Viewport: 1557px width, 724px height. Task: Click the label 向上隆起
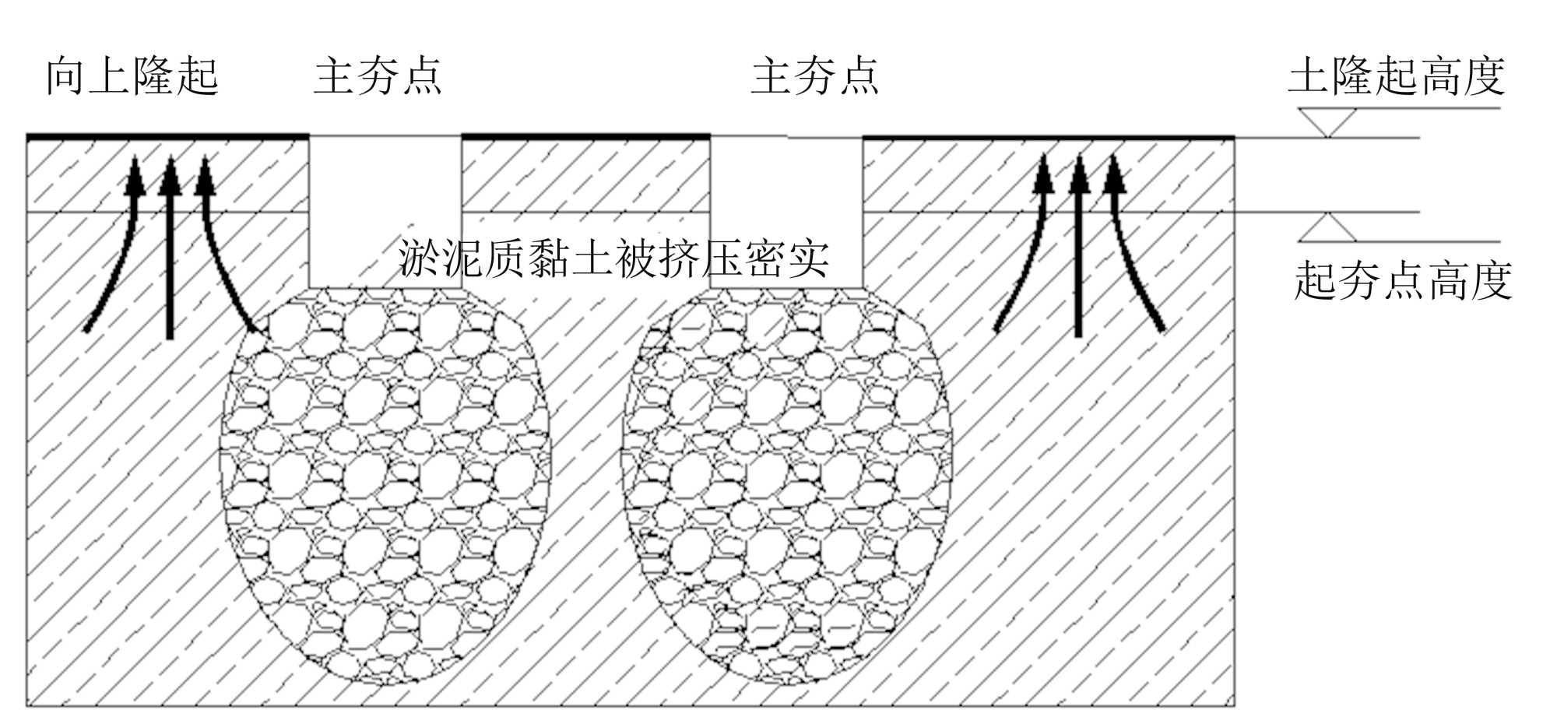pyautogui.click(x=132, y=76)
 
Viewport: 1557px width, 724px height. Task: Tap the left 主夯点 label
pyautogui.click(x=378, y=76)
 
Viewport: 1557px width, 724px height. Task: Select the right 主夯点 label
pyautogui.click(x=815, y=76)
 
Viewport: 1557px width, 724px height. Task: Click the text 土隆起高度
pyautogui.click(x=1397, y=76)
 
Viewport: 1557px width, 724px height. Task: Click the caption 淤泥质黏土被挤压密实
pyautogui.click(x=613, y=258)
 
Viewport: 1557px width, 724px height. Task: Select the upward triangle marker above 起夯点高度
pyautogui.click(x=1328, y=227)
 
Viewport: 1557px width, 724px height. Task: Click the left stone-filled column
pyautogui.click(x=385, y=483)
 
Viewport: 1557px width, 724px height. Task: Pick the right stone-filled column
pyautogui.click(x=786, y=483)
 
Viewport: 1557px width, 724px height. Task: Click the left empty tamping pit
pyautogui.click(x=385, y=210)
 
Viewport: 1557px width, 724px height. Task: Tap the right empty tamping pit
pyautogui.click(x=786, y=210)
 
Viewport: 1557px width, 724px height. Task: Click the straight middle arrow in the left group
pyautogui.click(x=170, y=257)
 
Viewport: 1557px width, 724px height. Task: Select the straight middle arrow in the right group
pyautogui.click(x=1078, y=257)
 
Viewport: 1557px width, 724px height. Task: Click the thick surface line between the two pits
pyautogui.click(x=585, y=137)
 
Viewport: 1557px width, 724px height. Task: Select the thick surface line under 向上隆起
pyautogui.click(x=167, y=137)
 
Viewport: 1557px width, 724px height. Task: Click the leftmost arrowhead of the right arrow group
pyautogui.click(x=1043, y=174)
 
